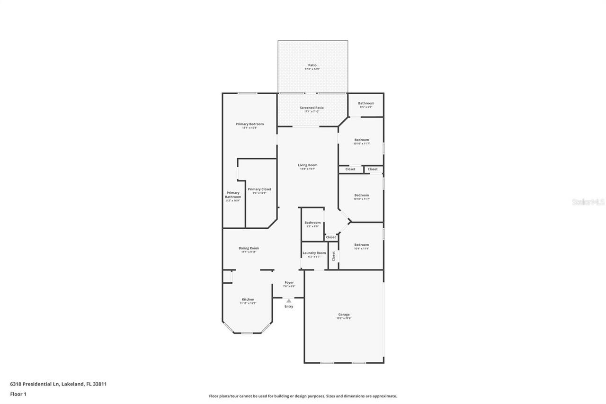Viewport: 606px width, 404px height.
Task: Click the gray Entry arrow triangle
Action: [x=289, y=301]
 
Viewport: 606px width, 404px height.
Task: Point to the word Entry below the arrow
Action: [x=289, y=306]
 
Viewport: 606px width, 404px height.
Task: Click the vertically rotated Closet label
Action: [x=333, y=256]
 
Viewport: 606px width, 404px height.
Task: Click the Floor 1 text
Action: [x=18, y=394]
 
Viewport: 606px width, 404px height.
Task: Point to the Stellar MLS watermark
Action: [x=588, y=202]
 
